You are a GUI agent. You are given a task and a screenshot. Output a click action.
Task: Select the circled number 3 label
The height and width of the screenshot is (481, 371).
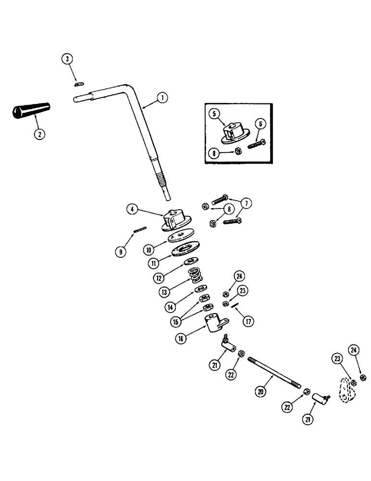coord(68,59)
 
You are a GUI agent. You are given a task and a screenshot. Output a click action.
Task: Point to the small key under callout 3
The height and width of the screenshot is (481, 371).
coord(78,84)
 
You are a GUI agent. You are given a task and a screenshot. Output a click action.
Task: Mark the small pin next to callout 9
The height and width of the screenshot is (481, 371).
coord(139,230)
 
